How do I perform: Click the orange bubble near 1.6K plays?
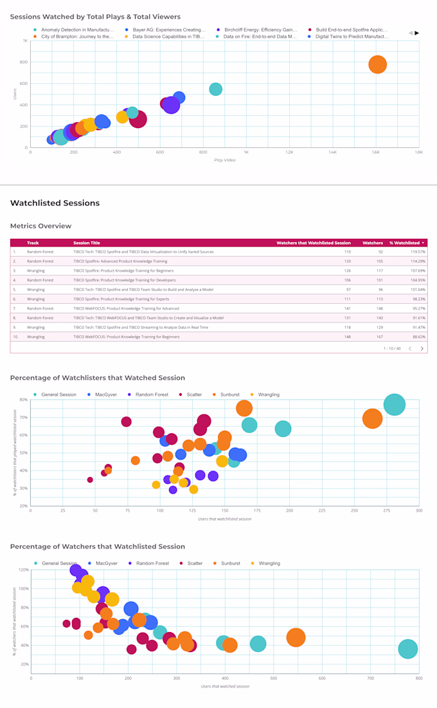377,64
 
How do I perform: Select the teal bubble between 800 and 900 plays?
216,89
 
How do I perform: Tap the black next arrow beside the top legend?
417,33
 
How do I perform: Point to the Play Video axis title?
225,160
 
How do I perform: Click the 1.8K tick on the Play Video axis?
418,153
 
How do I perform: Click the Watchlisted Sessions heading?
55,203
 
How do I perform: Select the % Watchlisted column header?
407,243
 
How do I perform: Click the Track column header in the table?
33,243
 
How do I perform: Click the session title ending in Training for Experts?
121,299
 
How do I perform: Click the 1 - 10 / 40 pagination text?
391,348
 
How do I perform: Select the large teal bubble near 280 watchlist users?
394,405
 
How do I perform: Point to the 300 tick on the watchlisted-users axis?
418,511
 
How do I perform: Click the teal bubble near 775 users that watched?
407,649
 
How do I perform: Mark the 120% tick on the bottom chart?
23,570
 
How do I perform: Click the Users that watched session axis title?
225,686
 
